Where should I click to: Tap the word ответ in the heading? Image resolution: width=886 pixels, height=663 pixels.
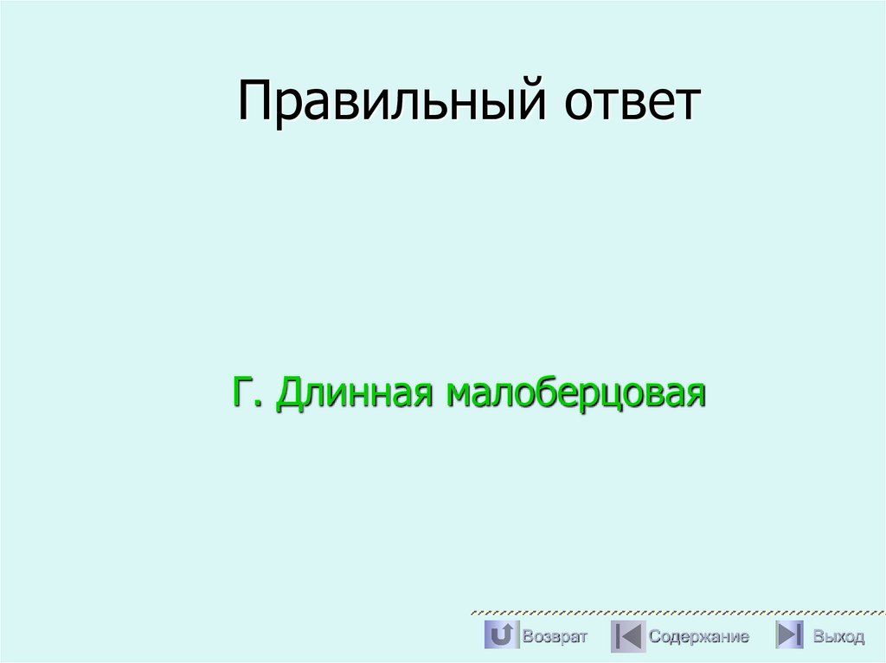632,102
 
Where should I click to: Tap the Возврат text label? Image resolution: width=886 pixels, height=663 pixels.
555,637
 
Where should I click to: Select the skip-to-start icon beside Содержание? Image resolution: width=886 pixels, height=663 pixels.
627,636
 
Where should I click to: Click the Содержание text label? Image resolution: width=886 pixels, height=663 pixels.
699,637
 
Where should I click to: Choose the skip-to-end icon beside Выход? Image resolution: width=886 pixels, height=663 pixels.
789,636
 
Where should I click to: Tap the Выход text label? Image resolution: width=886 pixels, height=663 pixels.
838,637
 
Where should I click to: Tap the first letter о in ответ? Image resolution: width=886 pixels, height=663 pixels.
579,105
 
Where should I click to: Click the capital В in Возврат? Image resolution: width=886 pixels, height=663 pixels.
527,637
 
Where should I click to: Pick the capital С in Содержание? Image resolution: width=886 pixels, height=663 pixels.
654,637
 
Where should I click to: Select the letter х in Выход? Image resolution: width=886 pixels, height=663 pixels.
838,638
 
